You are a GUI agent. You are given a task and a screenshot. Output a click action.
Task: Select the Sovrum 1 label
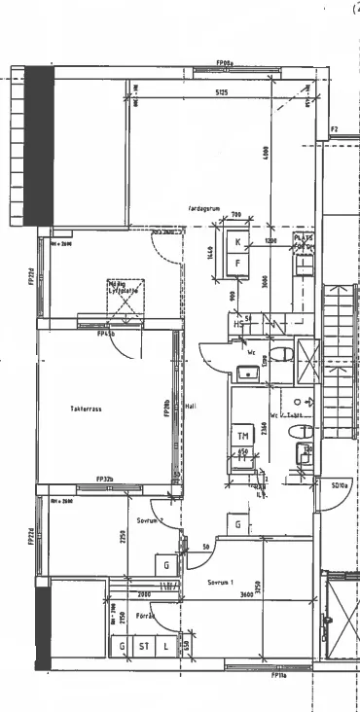[222, 583]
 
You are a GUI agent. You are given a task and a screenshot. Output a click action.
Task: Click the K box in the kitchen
[236, 242]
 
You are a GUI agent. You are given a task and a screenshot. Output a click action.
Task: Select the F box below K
[236, 263]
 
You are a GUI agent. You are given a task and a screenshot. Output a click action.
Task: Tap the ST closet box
[143, 646]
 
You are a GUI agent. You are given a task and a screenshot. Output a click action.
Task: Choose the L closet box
[166, 646]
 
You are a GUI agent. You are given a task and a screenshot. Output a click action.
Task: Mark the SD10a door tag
[341, 484]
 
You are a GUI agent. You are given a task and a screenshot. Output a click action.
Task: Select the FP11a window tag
[279, 673]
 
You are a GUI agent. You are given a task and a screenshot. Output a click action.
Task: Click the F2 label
[333, 128]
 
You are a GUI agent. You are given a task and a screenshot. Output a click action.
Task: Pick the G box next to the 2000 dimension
[166, 565]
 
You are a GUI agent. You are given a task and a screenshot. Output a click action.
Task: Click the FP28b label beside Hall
[167, 409]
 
